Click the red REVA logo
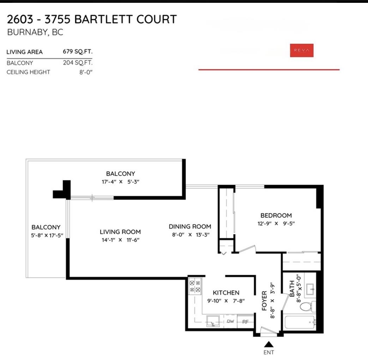click(302, 50)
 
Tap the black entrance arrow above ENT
click(269, 344)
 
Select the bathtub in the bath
click(300, 322)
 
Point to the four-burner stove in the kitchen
click(195, 286)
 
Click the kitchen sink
click(213, 321)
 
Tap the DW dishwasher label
click(230, 321)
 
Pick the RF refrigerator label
click(245, 322)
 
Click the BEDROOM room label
click(276, 215)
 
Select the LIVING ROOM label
click(120, 232)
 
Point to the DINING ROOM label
click(190, 227)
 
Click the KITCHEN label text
click(226, 293)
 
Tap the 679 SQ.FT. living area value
click(78, 51)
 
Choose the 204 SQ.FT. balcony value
click(78, 63)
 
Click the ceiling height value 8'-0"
click(86, 72)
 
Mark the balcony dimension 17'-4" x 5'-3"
click(120, 182)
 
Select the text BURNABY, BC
click(35, 32)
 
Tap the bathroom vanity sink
click(310, 289)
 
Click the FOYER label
click(264, 301)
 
